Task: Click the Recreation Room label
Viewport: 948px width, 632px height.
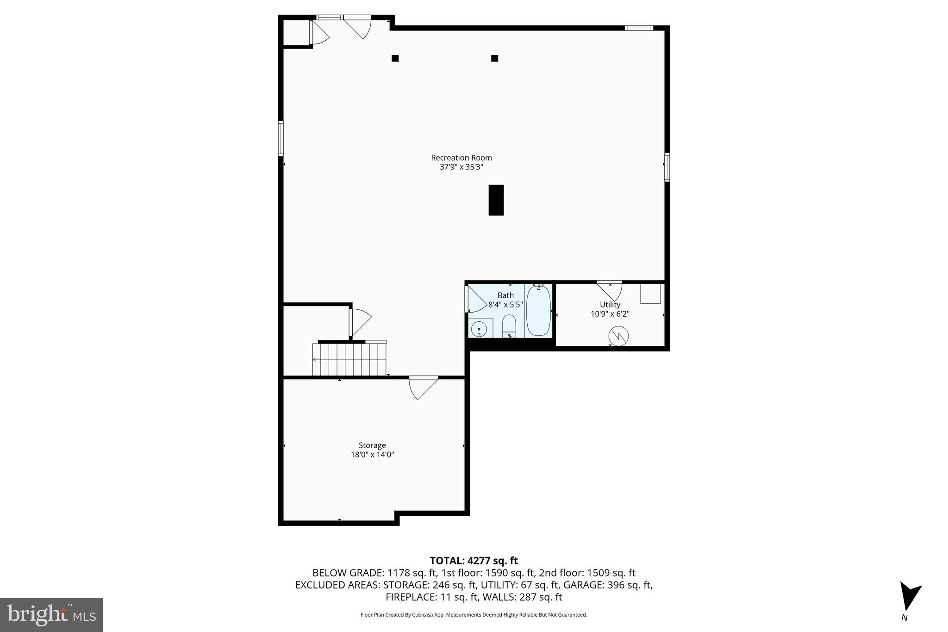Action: [x=461, y=157]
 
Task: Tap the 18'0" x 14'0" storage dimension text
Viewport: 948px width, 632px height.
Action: [x=372, y=455]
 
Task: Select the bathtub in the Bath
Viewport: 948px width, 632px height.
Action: [x=538, y=311]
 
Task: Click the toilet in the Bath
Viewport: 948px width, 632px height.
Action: [x=509, y=325]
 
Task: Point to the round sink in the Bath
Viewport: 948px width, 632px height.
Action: [x=479, y=329]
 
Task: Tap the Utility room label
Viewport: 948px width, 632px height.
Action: [x=610, y=304]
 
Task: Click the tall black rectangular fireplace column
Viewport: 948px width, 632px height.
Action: [x=496, y=200]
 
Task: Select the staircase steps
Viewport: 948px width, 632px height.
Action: [x=349, y=359]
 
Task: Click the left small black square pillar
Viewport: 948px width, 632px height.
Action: [x=395, y=58]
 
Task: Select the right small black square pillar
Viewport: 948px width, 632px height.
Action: [x=494, y=58]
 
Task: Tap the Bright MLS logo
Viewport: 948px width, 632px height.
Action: [x=51, y=614]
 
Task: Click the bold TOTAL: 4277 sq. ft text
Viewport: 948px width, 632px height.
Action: [x=473, y=561]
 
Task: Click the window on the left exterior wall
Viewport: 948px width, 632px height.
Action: [x=281, y=138]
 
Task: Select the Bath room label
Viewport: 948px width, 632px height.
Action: [x=505, y=295]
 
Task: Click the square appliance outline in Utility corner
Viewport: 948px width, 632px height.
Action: [x=650, y=294]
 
